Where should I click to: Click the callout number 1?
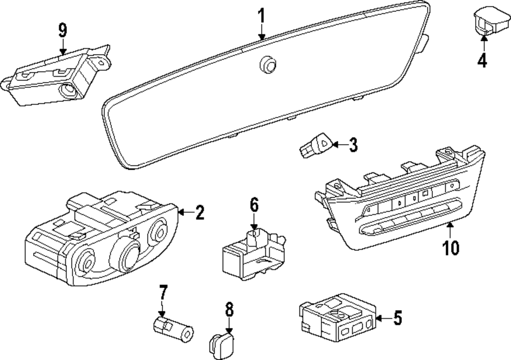pyautogui.click(x=261, y=16)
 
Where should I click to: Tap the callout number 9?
pyautogui.click(x=62, y=30)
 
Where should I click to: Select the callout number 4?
pyautogui.click(x=482, y=61)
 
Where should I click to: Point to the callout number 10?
pyautogui.click(x=451, y=247)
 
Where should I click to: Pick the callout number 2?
pyautogui.click(x=199, y=212)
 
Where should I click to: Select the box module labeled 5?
pyautogui.click(x=337, y=318)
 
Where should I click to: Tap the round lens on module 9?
pyautogui.click(x=68, y=92)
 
